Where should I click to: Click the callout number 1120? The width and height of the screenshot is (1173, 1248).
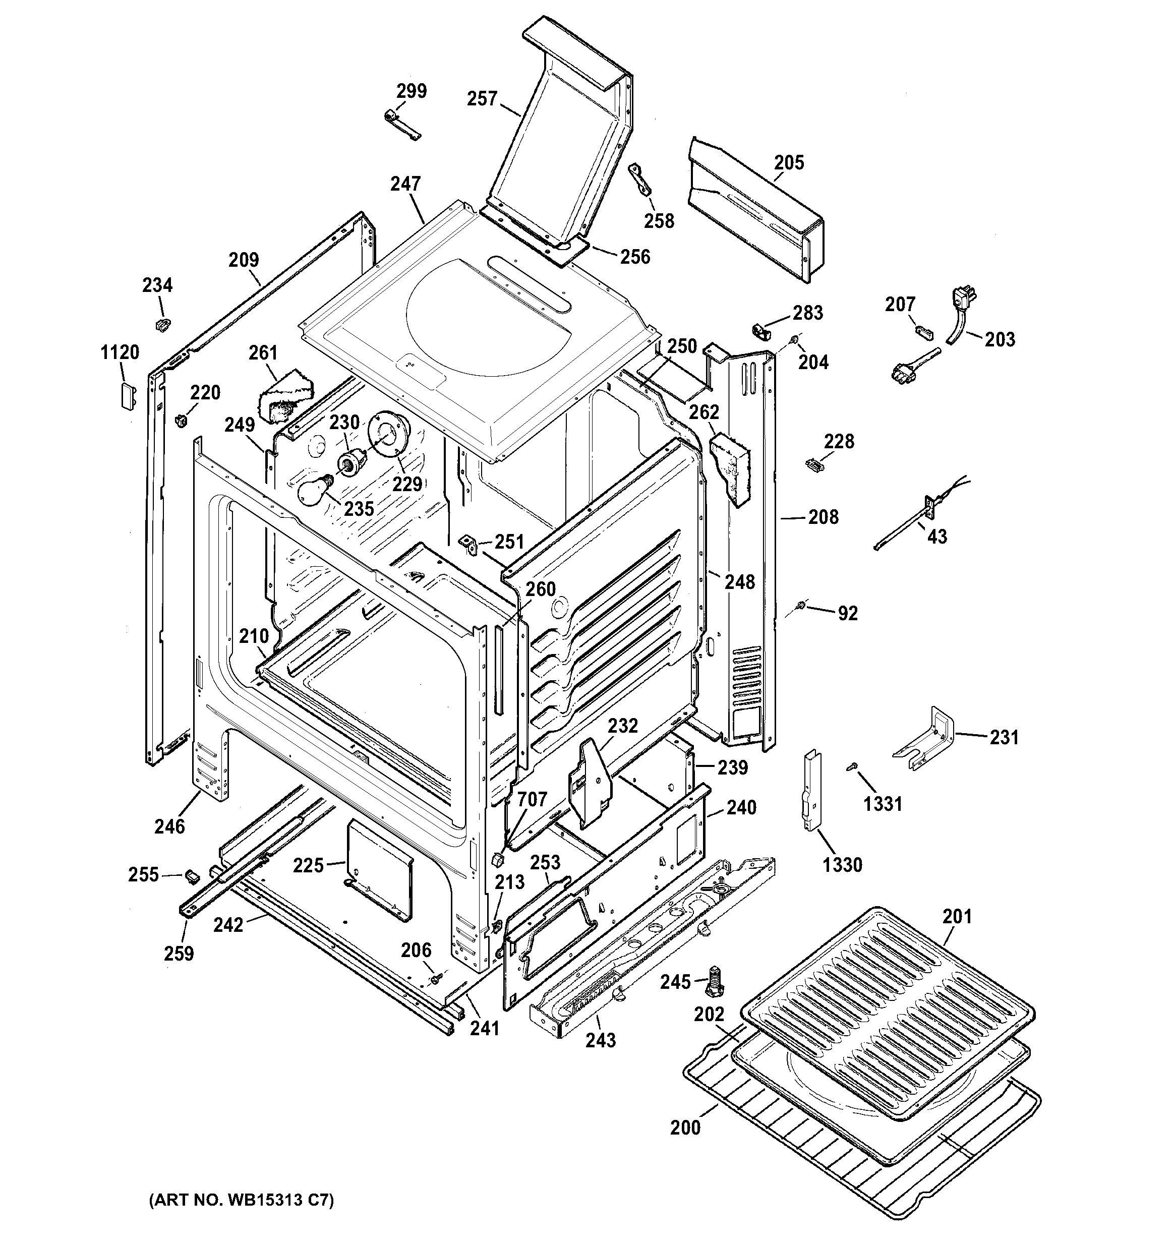(x=120, y=353)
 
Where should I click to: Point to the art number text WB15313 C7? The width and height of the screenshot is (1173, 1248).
(x=241, y=1200)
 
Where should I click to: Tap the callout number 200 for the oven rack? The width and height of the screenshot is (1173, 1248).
(x=685, y=1127)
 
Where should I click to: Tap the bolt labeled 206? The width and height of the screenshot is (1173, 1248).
(x=435, y=979)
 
